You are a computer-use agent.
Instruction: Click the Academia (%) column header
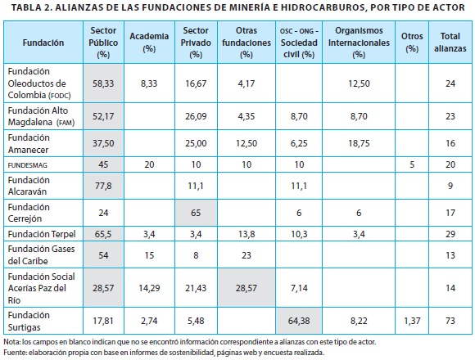(149, 42)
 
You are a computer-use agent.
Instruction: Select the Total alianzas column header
(450, 42)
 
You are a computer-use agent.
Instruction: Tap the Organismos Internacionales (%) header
(359, 42)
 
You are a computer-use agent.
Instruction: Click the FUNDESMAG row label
(28, 165)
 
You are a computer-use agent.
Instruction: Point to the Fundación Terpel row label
(42, 234)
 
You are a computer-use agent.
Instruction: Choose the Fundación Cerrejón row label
(29, 213)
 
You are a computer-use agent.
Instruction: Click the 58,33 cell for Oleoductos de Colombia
(103, 83)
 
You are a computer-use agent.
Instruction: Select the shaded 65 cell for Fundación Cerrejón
(196, 213)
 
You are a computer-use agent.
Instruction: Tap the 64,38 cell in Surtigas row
(299, 321)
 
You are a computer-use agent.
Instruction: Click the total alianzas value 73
(450, 321)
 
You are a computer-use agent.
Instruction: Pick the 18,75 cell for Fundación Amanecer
(359, 143)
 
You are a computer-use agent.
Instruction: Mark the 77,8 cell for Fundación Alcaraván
(103, 186)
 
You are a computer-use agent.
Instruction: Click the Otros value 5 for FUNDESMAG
(412, 165)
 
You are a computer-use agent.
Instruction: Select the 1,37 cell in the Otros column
(412, 321)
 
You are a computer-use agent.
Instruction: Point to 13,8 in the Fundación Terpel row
(247, 234)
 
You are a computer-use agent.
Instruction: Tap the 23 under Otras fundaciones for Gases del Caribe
(247, 255)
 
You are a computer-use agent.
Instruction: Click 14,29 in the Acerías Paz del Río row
(149, 288)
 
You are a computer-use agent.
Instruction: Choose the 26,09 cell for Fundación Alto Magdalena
(196, 116)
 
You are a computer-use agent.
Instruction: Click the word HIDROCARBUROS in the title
(323, 7)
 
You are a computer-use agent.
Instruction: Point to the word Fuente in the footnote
(14, 353)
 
